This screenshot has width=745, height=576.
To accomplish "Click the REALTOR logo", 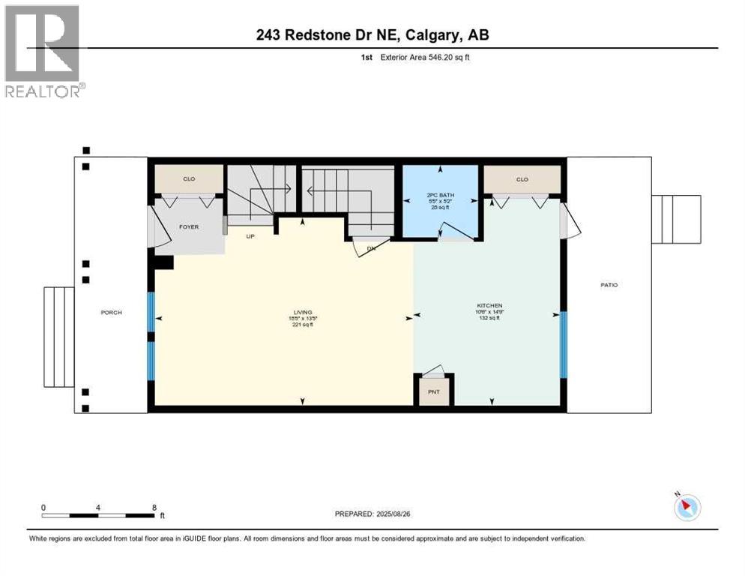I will point(43,51).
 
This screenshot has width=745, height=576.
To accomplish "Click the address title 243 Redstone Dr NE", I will point(372,35).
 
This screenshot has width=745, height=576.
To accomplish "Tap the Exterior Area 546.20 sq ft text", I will point(420,57).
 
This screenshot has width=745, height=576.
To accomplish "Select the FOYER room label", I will point(189,226).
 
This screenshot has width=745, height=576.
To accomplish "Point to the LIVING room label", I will point(302,312).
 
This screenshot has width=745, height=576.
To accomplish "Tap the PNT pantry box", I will point(433,391).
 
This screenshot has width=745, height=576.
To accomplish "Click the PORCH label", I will point(111,312).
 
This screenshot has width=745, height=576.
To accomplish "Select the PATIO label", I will point(608,285).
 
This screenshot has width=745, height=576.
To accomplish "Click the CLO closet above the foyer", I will point(189,179).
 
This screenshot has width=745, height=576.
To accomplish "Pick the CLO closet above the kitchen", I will point(522,179).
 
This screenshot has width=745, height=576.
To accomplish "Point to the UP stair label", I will point(252,235).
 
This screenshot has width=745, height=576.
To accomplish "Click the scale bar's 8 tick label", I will point(154,507).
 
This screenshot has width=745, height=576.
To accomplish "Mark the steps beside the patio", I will point(676,219).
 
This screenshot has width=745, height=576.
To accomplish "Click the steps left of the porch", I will point(58,336).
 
